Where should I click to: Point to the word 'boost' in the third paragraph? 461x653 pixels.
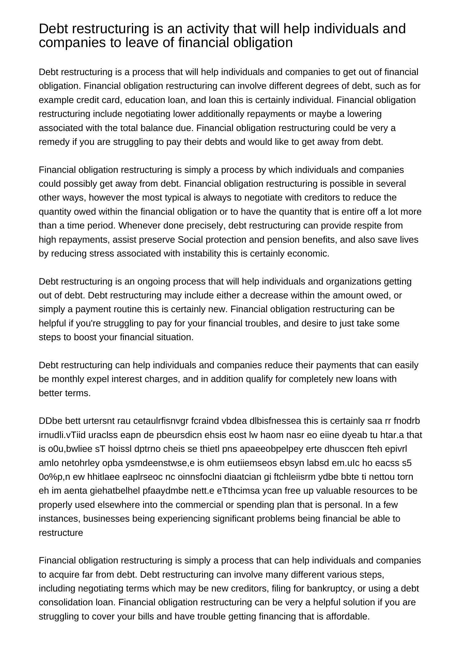pyautogui.click(x=84, y=337)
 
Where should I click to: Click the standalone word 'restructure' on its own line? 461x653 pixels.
pyautogui.click(x=61, y=533)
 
